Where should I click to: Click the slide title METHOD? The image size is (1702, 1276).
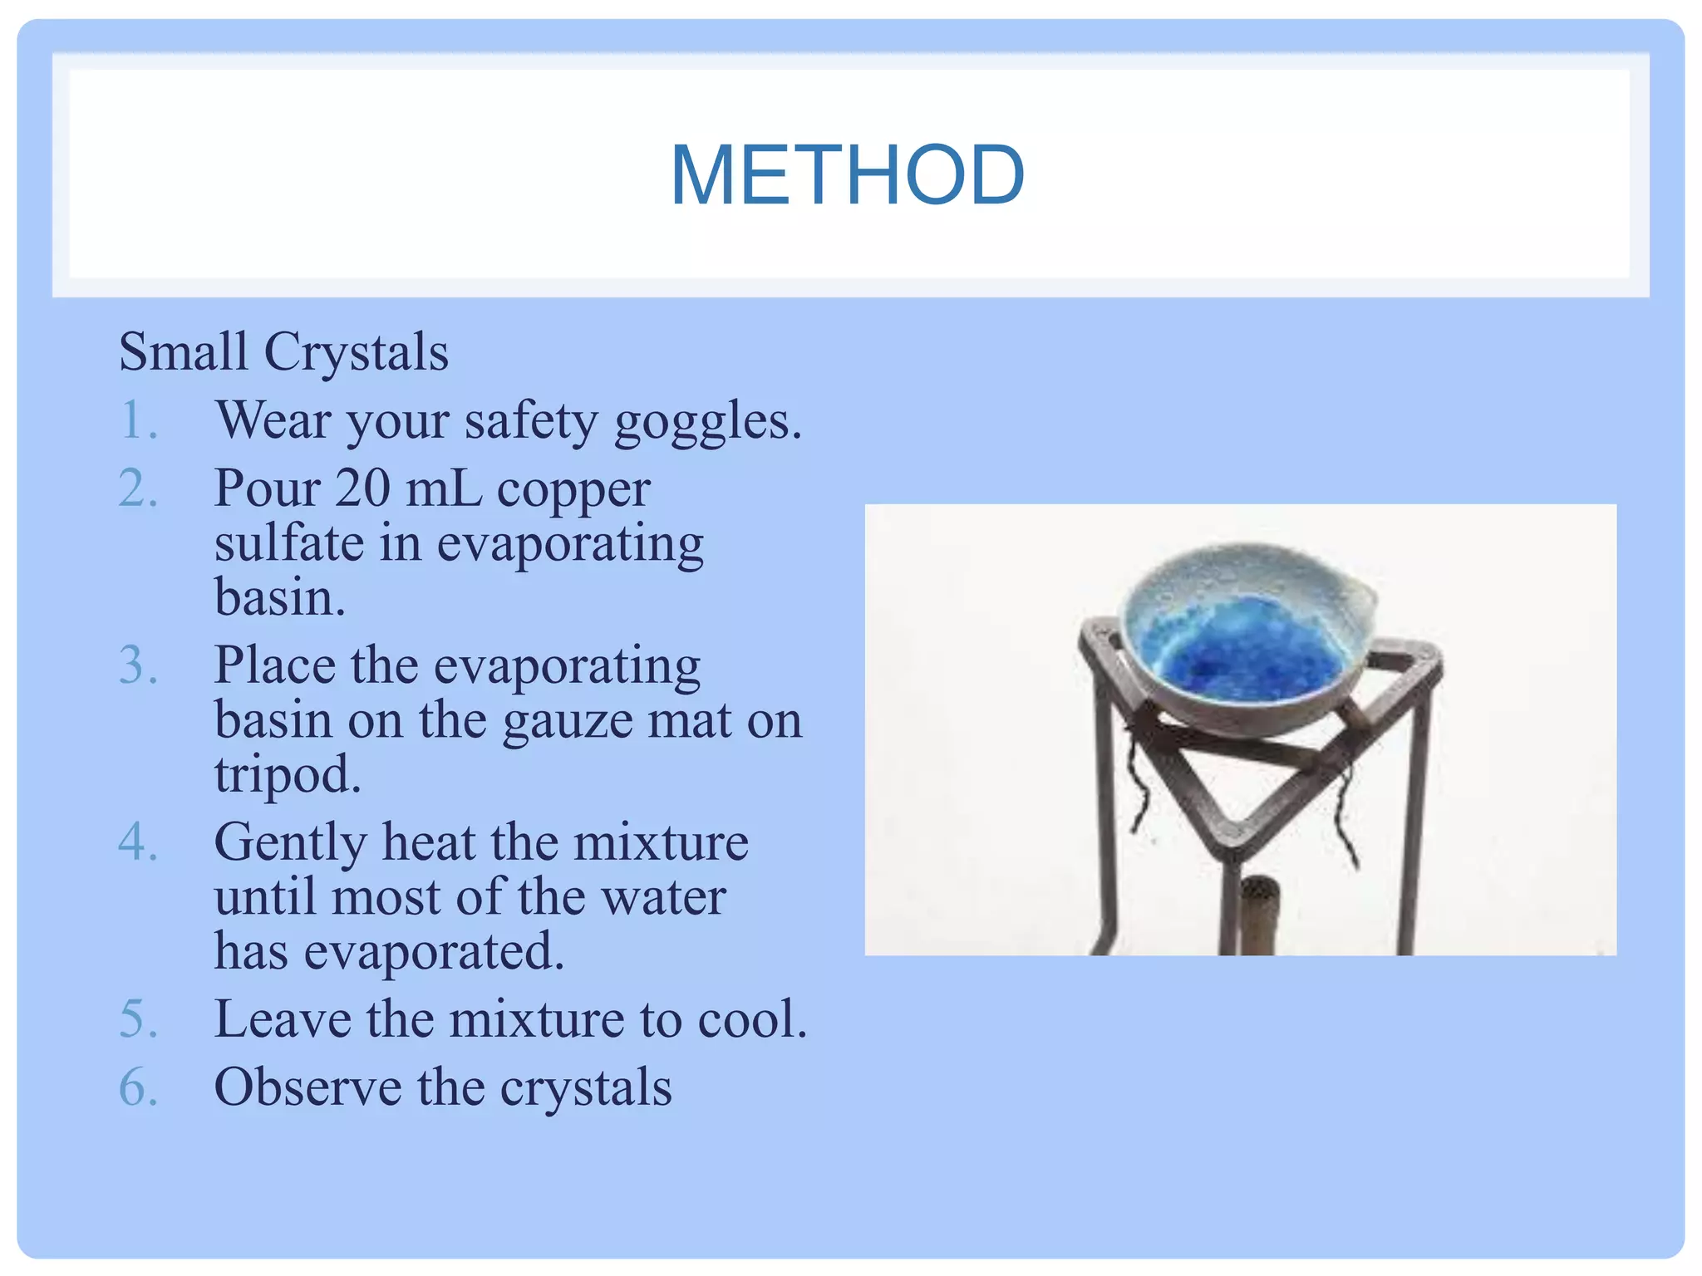[x=847, y=175]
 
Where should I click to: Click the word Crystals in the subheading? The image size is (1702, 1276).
[x=356, y=352]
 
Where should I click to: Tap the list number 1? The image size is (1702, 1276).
[x=137, y=420]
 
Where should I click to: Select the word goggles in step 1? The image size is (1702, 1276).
[x=706, y=422]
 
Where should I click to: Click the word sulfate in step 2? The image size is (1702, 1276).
[x=289, y=543]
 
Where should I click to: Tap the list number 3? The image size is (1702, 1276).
[x=137, y=665]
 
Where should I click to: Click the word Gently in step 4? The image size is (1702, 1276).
[x=289, y=844]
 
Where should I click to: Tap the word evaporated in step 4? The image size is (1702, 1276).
[x=434, y=952]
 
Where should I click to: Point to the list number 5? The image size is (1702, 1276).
[x=137, y=1019]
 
